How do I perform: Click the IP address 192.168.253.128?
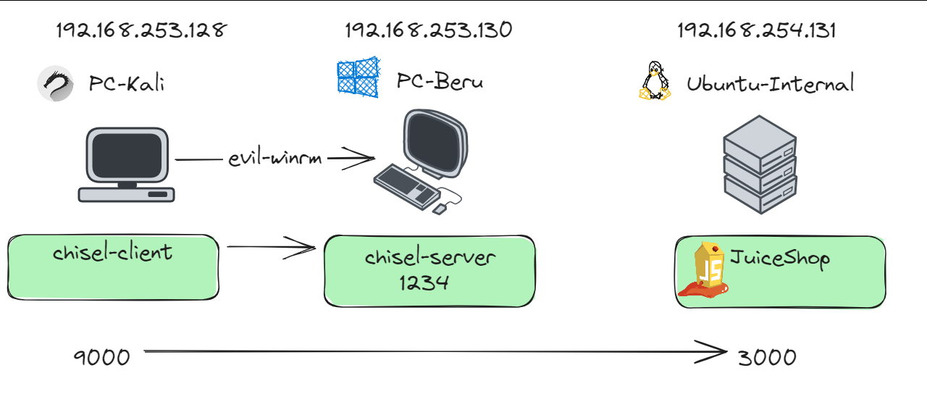(x=142, y=30)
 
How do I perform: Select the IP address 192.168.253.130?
(x=428, y=30)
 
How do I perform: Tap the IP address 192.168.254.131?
(x=757, y=30)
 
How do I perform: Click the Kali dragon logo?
(x=56, y=83)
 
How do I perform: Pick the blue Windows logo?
(x=358, y=78)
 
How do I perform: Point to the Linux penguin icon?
(x=654, y=81)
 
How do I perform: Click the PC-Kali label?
(x=127, y=83)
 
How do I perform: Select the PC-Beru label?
(x=440, y=81)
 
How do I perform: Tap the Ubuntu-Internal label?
(x=771, y=83)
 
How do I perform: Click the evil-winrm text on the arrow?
(x=274, y=159)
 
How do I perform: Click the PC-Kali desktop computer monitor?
(x=127, y=155)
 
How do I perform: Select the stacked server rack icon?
(x=760, y=164)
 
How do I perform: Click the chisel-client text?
(x=113, y=252)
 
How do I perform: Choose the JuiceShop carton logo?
(x=705, y=271)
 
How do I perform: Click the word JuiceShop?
(x=779, y=258)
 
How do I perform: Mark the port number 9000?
(x=102, y=356)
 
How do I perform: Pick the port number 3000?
(x=767, y=356)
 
